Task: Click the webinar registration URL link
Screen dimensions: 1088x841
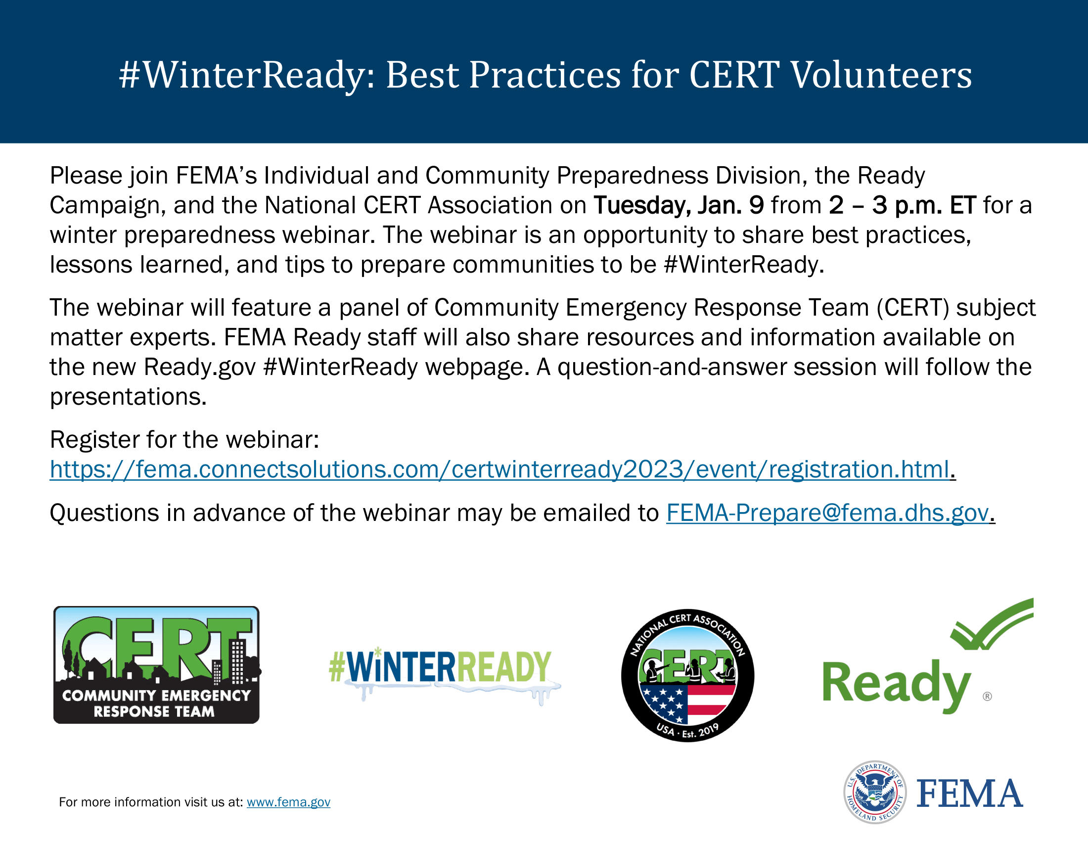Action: click(499, 469)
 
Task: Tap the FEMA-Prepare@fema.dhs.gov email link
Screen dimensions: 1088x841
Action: click(827, 513)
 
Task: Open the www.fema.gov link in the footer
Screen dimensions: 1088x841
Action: click(288, 802)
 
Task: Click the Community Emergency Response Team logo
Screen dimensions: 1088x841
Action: click(156, 664)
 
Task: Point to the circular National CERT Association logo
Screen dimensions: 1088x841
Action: click(687, 676)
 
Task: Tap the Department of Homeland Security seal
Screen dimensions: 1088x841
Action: click(875, 792)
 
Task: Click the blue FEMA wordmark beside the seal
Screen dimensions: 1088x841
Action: click(969, 794)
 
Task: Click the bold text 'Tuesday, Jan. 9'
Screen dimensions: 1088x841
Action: click(679, 205)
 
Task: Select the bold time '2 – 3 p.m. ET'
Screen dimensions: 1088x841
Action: click(902, 205)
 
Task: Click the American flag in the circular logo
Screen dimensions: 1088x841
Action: click(687, 704)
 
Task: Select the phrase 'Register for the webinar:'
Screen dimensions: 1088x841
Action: click(184, 440)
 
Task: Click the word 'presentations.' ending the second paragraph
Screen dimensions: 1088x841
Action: click(128, 397)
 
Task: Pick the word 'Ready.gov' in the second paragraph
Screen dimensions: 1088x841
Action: click(200, 368)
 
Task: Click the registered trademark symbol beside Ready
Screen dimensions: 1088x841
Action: click(988, 697)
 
